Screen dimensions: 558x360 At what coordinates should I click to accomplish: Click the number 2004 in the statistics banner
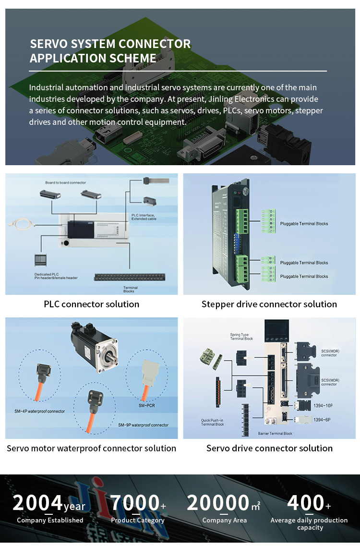(37, 503)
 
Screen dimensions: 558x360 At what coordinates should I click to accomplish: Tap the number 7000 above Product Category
(135, 503)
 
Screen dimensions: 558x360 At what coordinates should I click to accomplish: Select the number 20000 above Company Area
(218, 503)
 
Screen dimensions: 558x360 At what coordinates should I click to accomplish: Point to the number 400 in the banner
(305, 503)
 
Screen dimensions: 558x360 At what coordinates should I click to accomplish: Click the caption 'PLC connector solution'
(91, 304)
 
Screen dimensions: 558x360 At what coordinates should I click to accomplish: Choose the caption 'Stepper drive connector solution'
(269, 304)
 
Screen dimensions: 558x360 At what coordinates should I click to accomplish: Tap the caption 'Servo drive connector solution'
(269, 448)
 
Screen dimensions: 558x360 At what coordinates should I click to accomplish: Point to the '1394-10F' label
(323, 406)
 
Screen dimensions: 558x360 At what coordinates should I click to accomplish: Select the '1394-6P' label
(322, 420)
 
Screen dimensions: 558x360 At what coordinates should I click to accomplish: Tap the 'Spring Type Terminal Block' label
(241, 336)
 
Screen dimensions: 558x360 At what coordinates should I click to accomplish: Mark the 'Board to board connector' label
(66, 182)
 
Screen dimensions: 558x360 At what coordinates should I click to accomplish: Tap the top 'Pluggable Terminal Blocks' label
(304, 224)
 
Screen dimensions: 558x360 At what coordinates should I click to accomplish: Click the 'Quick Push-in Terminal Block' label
(213, 422)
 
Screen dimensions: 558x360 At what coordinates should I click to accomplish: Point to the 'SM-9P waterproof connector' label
(143, 425)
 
